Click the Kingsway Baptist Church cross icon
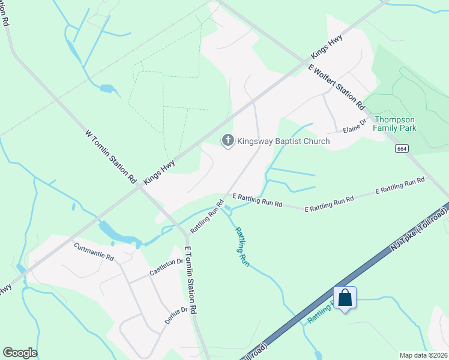[228, 141]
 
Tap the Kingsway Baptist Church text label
[283, 142]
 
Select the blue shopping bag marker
[345, 298]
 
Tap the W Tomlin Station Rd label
[111, 157]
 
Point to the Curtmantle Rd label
[94, 251]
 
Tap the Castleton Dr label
[166, 267]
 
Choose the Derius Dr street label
[176, 316]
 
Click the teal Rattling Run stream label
[241, 246]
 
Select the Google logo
[20, 353]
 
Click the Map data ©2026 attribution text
[423, 355]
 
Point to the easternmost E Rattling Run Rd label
[400, 186]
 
